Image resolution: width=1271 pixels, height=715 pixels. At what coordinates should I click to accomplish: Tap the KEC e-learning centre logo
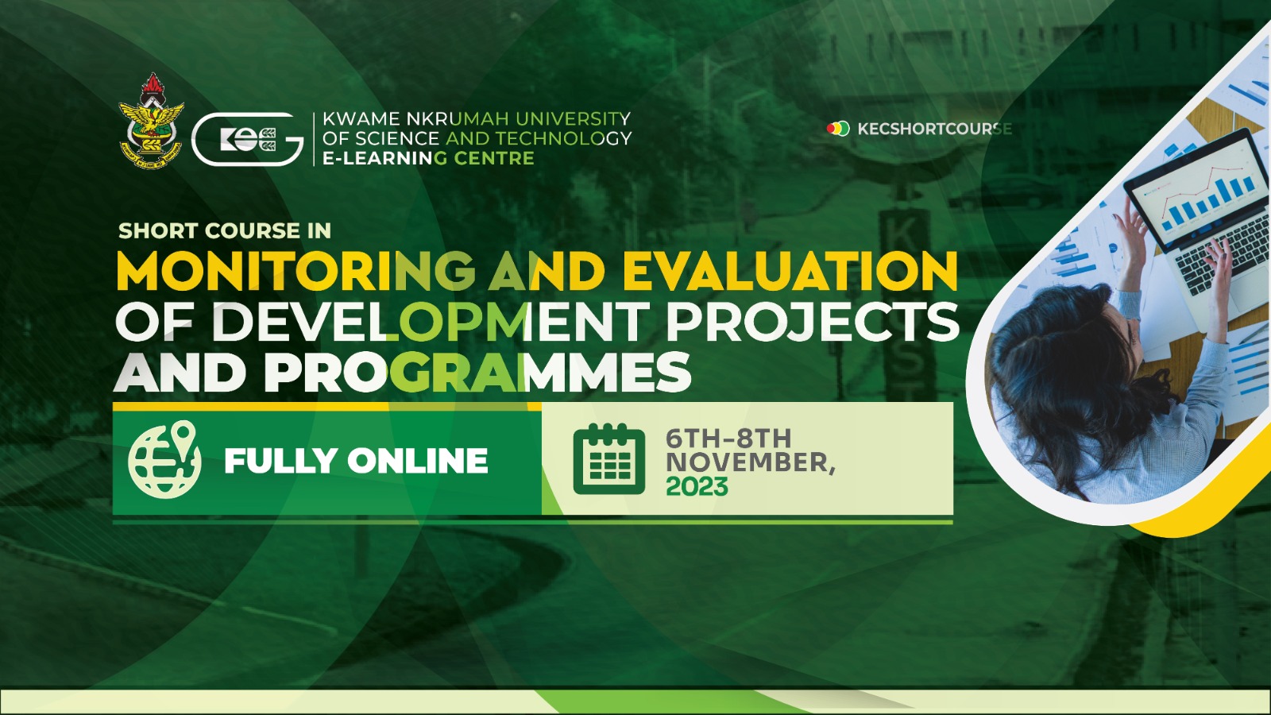(247, 139)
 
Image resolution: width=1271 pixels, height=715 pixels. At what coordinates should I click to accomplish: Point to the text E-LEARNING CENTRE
(427, 158)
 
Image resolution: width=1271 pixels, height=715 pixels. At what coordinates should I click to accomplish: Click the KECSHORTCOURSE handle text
(933, 129)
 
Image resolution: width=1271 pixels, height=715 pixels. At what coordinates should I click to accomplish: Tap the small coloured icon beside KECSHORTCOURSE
(837, 128)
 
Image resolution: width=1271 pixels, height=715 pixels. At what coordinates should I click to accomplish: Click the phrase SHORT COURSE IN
(225, 230)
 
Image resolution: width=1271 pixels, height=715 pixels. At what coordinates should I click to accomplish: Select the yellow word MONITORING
(296, 272)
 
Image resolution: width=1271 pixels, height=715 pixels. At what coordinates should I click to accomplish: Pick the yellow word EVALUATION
(790, 272)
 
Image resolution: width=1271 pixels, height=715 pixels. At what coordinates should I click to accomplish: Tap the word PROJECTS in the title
(812, 322)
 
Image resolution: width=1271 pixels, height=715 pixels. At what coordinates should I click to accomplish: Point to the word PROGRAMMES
(477, 372)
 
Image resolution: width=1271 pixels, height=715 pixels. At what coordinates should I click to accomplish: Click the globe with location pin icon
(165, 460)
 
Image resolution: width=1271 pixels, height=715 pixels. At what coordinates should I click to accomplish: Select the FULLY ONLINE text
(356, 461)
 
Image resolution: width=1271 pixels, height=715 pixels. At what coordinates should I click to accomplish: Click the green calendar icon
(609, 460)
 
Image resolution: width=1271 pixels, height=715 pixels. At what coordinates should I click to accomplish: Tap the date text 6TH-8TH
(728, 438)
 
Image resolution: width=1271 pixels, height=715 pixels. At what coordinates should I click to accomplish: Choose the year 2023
(697, 486)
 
